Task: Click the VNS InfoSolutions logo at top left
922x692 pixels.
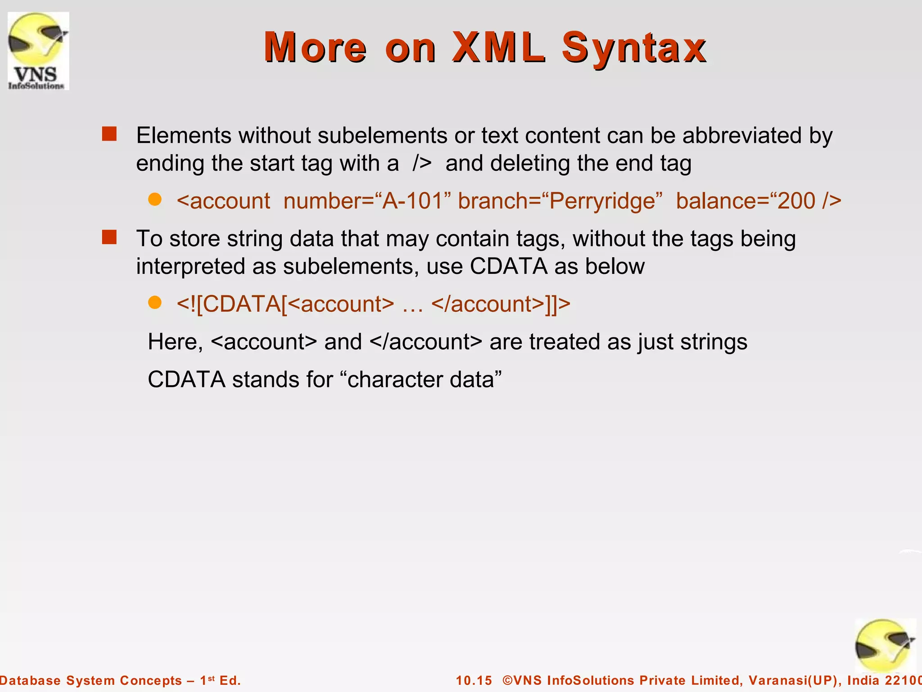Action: point(38,51)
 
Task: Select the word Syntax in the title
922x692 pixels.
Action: point(634,48)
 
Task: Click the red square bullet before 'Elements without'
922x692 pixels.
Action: point(109,134)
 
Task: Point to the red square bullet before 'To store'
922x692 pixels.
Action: point(109,237)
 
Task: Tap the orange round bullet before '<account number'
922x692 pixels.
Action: point(155,200)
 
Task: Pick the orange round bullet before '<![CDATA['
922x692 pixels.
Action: point(155,303)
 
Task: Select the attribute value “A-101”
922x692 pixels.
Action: point(412,201)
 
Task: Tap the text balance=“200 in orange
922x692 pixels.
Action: point(746,201)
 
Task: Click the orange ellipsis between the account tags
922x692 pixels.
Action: point(412,306)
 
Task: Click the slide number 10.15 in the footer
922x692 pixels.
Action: point(474,680)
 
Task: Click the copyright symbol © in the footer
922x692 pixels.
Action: point(508,680)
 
